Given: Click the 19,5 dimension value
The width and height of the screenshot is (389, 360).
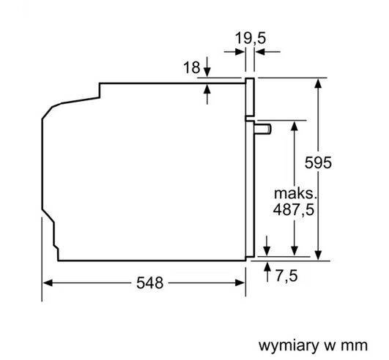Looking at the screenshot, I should coord(251,37).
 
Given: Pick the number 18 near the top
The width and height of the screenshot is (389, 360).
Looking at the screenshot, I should coord(191,68).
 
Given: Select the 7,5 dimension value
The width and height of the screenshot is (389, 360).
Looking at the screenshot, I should coord(286,276).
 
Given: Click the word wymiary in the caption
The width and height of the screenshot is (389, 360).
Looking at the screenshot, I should coord(284,344).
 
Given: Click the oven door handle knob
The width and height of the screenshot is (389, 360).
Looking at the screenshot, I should coord(263,129).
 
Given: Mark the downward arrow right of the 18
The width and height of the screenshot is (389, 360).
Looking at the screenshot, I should coord(208,71).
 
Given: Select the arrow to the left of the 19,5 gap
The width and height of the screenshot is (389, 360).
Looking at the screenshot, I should coord(240,52).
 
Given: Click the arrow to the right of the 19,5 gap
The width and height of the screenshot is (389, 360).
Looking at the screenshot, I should coord(259,52).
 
